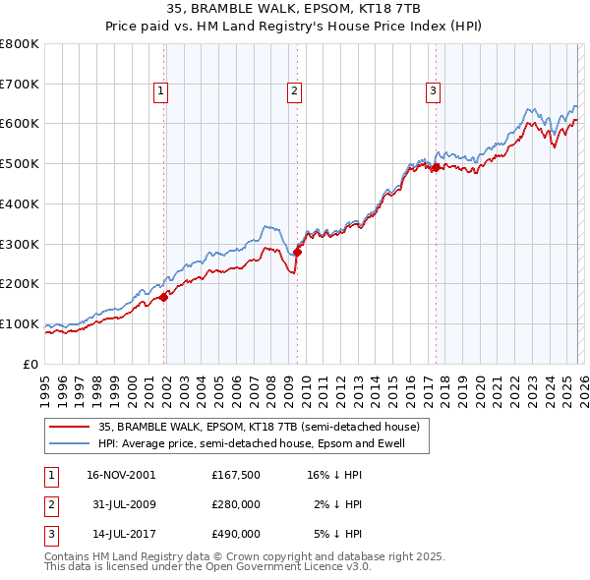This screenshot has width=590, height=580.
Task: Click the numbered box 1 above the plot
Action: click(160, 91)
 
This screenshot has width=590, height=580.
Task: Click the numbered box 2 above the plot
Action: click(294, 91)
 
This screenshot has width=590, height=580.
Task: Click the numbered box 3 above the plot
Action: click(433, 91)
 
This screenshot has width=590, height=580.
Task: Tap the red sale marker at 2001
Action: click(164, 297)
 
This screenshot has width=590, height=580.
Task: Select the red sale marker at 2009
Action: click(297, 252)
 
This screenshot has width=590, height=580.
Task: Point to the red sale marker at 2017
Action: click(435, 168)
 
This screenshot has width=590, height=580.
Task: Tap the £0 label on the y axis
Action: click(31, 364)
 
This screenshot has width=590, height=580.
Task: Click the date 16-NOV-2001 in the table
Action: click(121, 475)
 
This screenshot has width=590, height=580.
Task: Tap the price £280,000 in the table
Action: click(235, 504)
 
